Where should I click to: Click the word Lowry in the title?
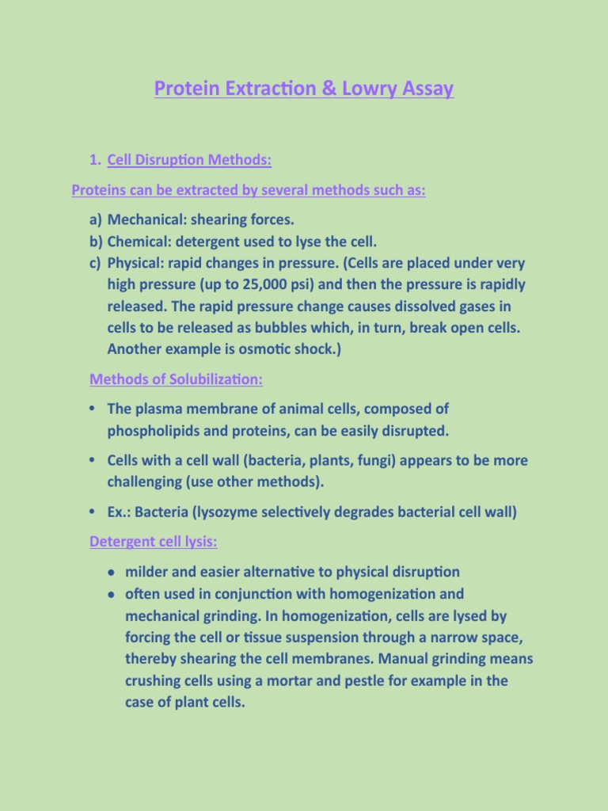(375, 88)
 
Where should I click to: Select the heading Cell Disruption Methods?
(189, 161)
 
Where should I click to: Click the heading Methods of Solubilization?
(176, 379)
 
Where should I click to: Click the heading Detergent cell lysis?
(154, 543)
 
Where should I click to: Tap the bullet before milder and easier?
(114, 573)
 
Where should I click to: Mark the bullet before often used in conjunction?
(114, 594)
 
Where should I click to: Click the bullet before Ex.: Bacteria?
(93, 512)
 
